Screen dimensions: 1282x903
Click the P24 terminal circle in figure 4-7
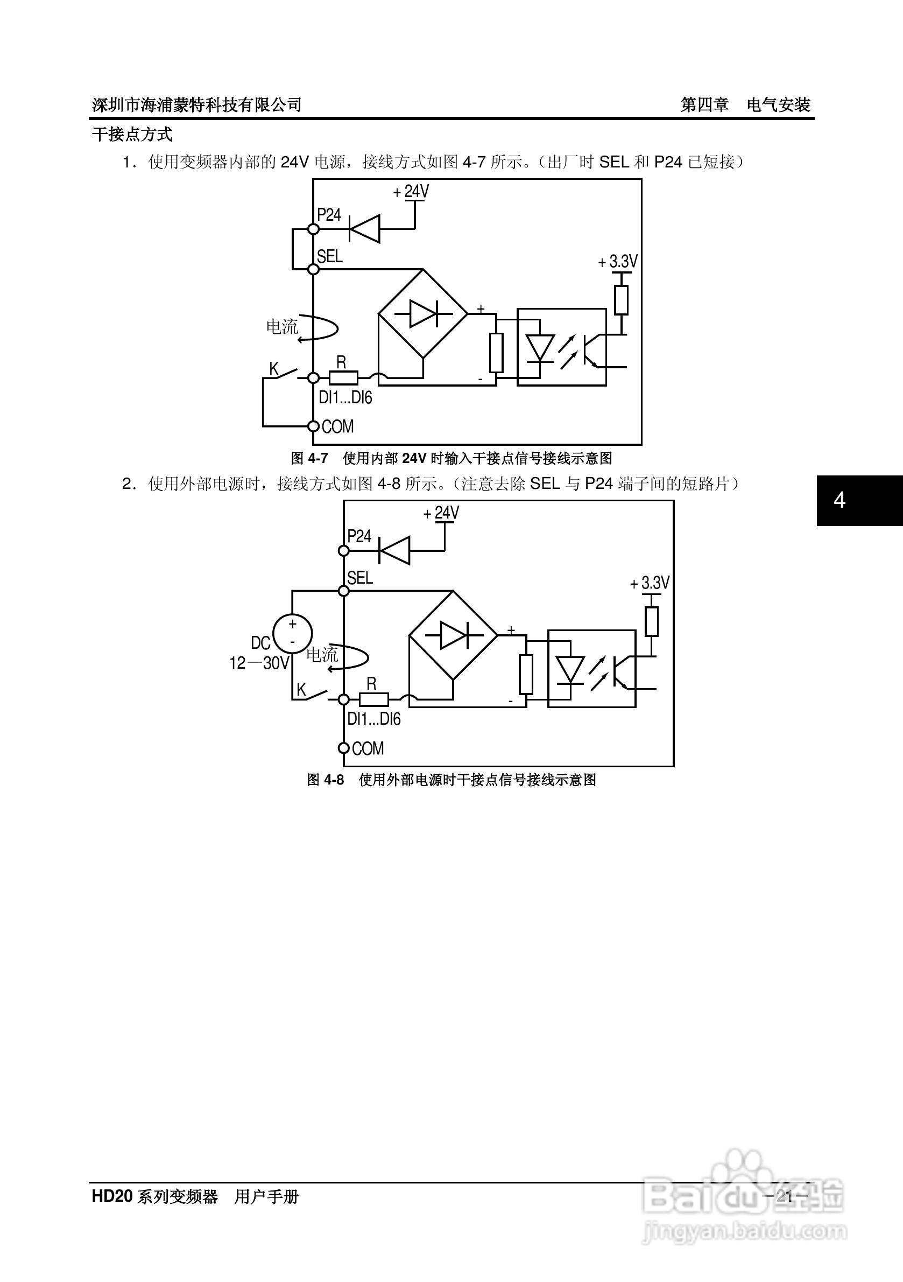(314, 229)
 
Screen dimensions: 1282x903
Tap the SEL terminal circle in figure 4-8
(344, 591)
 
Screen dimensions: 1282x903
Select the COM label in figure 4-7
(337, 426)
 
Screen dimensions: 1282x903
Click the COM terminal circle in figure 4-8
(344, 748)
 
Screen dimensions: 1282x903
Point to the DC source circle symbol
(292, 633)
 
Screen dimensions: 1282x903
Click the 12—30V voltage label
(259, 663)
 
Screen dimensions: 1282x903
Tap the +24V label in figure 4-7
(411, 192)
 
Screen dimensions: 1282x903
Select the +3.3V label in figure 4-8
(650, 583)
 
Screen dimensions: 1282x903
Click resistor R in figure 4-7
(343, 378)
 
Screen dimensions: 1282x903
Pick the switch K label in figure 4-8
(301, 690)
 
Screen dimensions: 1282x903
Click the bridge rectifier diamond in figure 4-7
(423, 314)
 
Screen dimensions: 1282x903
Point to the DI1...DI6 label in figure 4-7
(345, 397)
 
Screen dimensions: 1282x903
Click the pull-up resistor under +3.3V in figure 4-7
(621, 300)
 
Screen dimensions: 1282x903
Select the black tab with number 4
(859, 500)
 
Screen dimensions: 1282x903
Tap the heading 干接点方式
(132, 135)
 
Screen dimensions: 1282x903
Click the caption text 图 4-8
(326, 780)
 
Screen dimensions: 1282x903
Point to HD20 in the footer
(111, 1196)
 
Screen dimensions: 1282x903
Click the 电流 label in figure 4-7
(283, 327)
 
